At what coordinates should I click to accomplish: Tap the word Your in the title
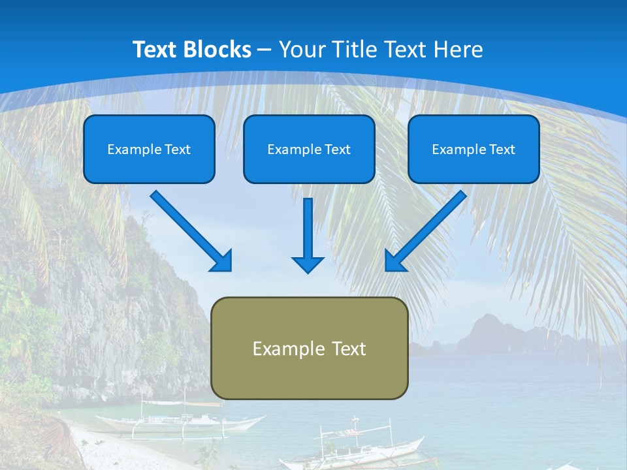click(x=300, y=49)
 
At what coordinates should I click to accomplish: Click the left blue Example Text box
click(x=149, y=149)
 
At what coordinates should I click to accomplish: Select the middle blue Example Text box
click(x=309, y=149)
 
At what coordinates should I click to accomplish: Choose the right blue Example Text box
click(x=474, y=149)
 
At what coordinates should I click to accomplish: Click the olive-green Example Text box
click(x=310, y=348)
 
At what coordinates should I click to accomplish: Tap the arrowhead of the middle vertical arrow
click(x=308, y=264)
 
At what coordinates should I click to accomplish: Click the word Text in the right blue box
click(x=502, y=149)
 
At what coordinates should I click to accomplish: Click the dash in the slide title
click(x=265, y=50)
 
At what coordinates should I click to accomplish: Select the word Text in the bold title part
click(x=155, y=49)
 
